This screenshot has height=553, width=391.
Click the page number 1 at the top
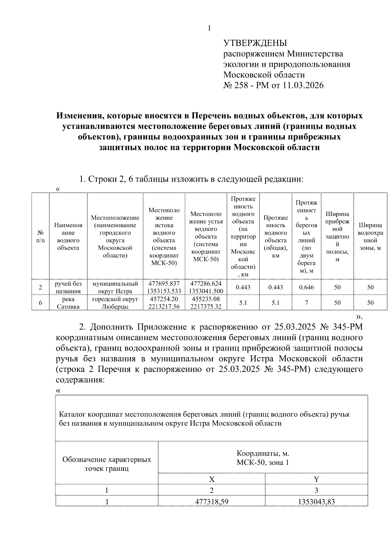tap(210, 28)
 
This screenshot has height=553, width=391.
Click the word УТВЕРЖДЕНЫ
tap(255, 43)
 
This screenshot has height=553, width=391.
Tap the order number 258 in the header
tap(241, 86)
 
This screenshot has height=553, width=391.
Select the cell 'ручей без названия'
tap(68, 287)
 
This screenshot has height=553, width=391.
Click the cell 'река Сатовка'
tap(68, 303)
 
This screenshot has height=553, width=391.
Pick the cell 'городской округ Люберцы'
tap(115, 303)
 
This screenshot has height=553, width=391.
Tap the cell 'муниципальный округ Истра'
tap(115, 287)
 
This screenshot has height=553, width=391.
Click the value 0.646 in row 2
tap(306, 287)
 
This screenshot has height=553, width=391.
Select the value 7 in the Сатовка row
tap(306, 303)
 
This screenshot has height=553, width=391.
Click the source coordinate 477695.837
tap(164, 284)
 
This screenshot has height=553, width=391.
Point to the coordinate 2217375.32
tap(206, 307)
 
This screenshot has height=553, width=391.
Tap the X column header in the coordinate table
tap(211, 479)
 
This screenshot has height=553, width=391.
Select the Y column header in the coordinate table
tap(316, 479)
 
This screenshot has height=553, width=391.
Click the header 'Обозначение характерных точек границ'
tap(107, 464)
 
